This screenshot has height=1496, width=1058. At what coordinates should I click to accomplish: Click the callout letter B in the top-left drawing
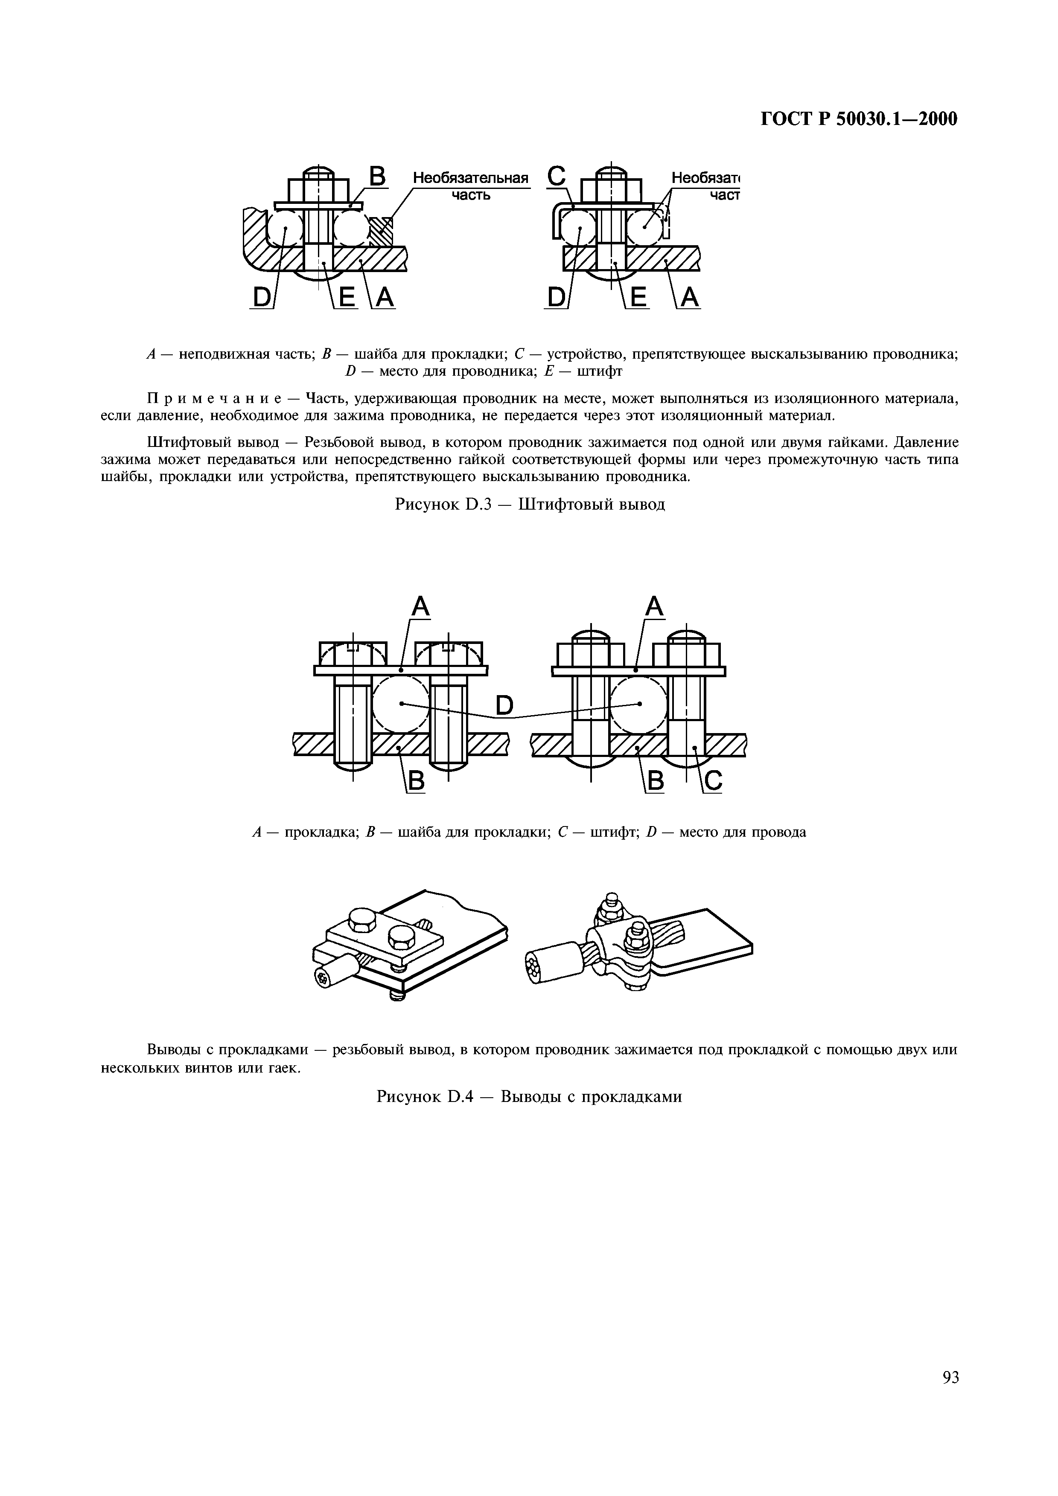click(377, 177)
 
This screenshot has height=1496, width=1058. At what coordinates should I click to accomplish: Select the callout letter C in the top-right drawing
click(556, 176)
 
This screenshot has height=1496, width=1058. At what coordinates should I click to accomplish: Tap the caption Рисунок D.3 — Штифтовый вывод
click(529, 504)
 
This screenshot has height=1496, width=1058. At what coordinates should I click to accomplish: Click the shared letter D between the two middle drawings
click(504, 705)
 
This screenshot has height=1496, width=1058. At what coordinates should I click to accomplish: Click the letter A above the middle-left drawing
click(420, 607)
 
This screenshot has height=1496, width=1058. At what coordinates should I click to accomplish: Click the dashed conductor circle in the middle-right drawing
click(639, 704)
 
